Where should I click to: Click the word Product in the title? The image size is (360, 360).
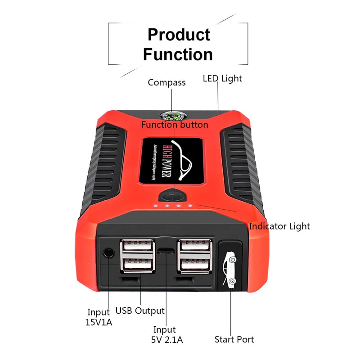[179, 34]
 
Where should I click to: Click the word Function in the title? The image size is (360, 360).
[178, 54]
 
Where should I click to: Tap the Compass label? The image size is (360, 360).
[166, 82]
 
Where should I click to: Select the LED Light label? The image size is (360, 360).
[222, 78]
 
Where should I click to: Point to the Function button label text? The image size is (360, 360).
[175, 125]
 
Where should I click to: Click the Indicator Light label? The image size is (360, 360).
[279, 226]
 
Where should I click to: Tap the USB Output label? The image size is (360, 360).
[140, 310]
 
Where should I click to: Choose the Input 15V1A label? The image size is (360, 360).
[98, 317]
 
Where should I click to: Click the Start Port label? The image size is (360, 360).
[234, 339]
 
